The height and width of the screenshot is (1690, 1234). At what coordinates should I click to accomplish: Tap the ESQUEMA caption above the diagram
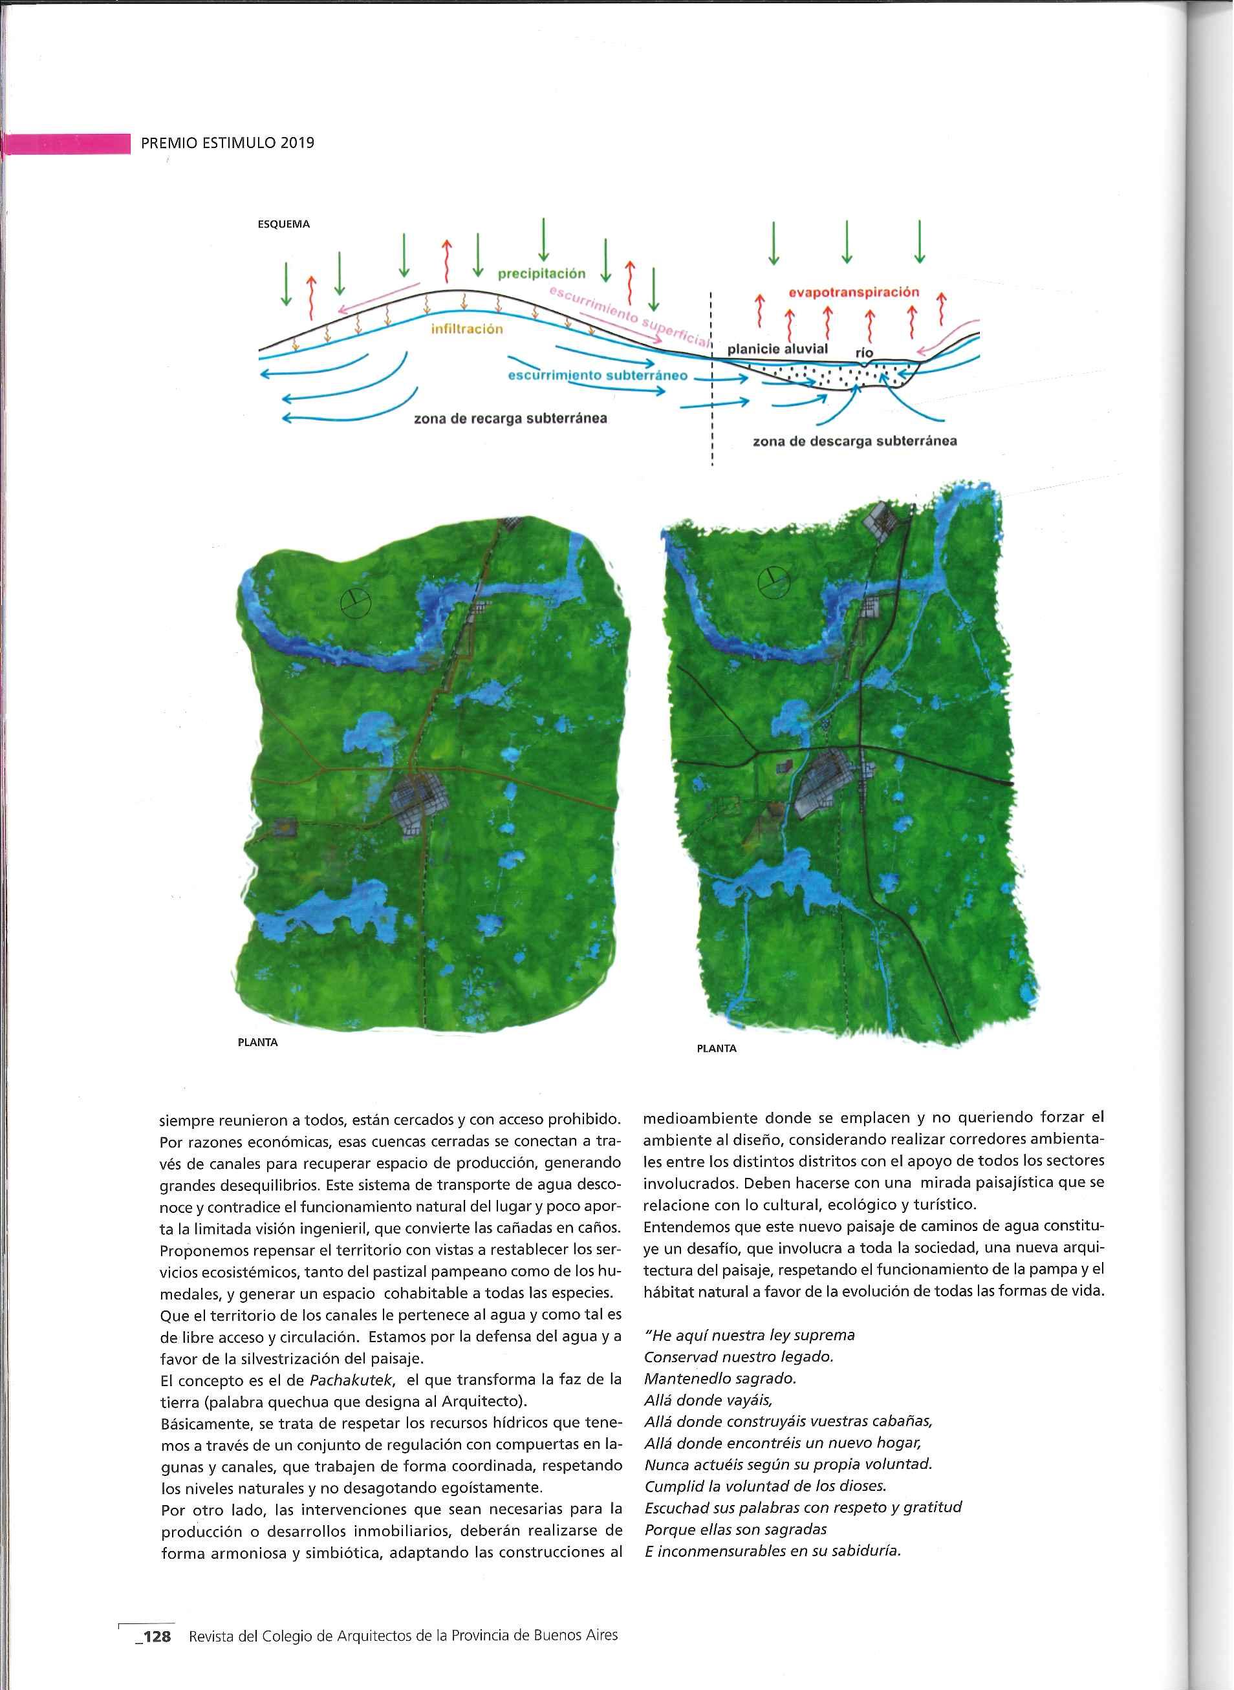click(x=283, y=224)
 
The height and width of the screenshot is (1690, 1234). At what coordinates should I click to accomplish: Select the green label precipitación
click(x=541, y=274)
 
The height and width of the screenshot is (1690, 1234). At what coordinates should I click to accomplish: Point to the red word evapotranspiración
click(x=854, y=292)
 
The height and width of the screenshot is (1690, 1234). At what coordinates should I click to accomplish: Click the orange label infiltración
click(x=467, y=329)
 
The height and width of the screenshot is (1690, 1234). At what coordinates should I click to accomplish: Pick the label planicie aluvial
click(x=777, y=348)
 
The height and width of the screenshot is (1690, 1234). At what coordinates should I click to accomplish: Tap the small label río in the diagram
click(x=864, y=352)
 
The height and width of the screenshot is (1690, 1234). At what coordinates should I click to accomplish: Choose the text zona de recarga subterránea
click(x=510, y=418)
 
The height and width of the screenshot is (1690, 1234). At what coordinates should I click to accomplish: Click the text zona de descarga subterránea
click(x=854, y=442)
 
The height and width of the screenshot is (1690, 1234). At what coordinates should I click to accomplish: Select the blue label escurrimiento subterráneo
click(x=598, y=375)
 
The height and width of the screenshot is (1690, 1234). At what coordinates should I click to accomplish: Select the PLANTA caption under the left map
click(x=257, y=1043)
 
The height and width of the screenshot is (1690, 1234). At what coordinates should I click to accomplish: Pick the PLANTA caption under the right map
click(x=717, y=1049)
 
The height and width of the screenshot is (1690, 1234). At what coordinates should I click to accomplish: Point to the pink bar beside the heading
click(x=67, y=144)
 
